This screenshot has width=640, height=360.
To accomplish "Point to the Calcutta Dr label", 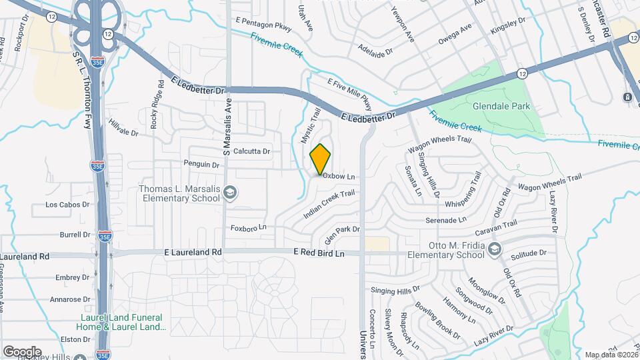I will point(252,151).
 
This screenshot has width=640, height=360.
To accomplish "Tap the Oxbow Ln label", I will point(339,177).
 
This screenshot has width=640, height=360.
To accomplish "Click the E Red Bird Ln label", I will point(319,253).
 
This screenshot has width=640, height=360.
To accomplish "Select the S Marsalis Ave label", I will point(227,127).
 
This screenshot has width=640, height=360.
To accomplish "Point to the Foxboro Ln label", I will point(248,227).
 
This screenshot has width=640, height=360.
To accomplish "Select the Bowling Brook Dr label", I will point(437,320).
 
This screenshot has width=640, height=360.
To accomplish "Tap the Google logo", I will point(22,351).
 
